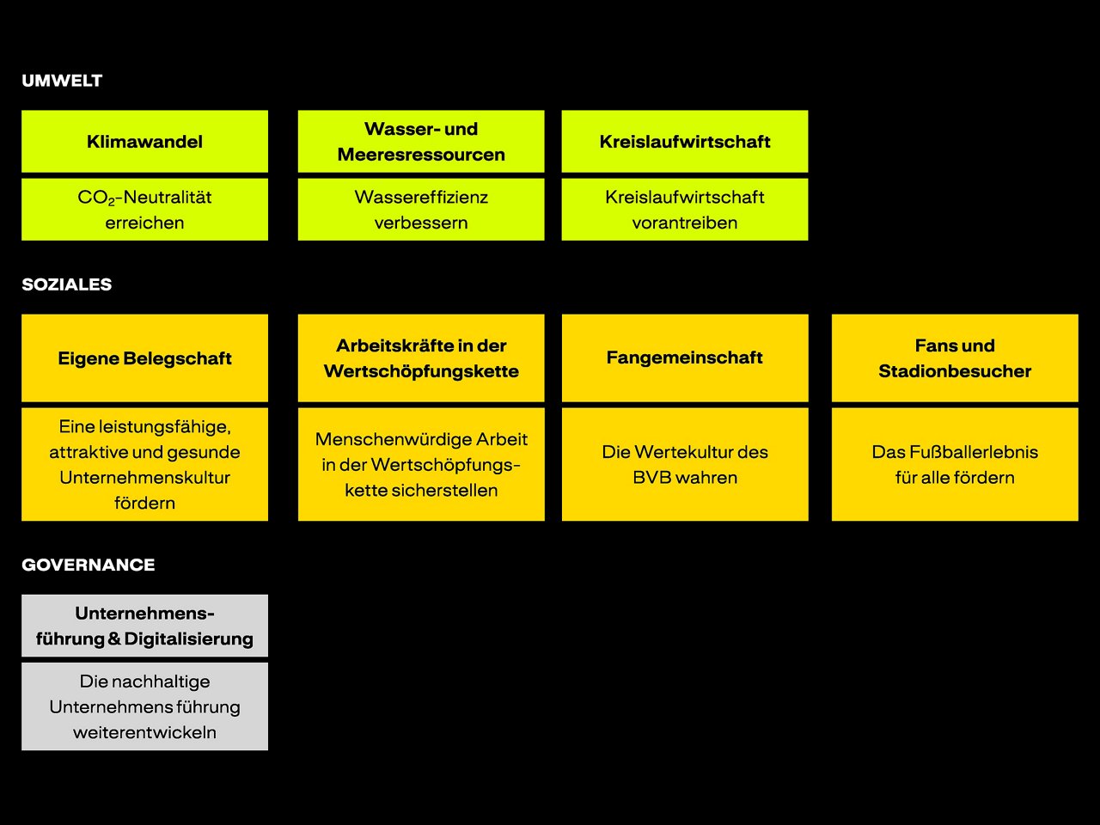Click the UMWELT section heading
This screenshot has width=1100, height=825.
(x=62, y=81)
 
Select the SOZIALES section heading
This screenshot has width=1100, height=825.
(x=66, y=284)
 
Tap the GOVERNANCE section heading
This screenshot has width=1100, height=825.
(x=89, y=565)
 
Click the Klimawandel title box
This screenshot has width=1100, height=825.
(x=144, y=142)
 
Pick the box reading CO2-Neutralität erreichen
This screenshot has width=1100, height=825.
(x=144, y=210)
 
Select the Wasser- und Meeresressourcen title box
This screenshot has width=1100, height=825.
(x=421, y=142)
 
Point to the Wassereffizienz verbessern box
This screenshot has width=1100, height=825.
(x=421, y=210)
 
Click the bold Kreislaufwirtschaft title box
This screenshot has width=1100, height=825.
(x=685, y=142)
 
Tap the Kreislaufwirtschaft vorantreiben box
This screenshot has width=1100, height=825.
(x=685, y=210)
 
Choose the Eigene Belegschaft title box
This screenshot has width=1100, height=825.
(x=144, y=358)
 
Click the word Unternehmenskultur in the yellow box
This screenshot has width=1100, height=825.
(x=144, y=478)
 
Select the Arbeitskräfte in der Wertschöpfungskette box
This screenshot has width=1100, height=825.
(x=421, y=358)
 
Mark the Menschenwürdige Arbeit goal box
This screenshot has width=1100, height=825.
(x=421, y=465)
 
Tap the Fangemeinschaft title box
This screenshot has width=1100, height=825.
(x=685, y=358)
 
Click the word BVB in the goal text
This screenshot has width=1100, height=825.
(x=650, y=478)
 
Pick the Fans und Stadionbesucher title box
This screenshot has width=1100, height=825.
(x=955, y=358)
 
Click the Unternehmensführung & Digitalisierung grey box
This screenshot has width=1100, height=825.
(x=144, y=626)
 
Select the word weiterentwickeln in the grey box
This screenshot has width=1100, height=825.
(x=144, y=733)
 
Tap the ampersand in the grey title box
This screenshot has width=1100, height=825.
(x=114, y=639)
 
